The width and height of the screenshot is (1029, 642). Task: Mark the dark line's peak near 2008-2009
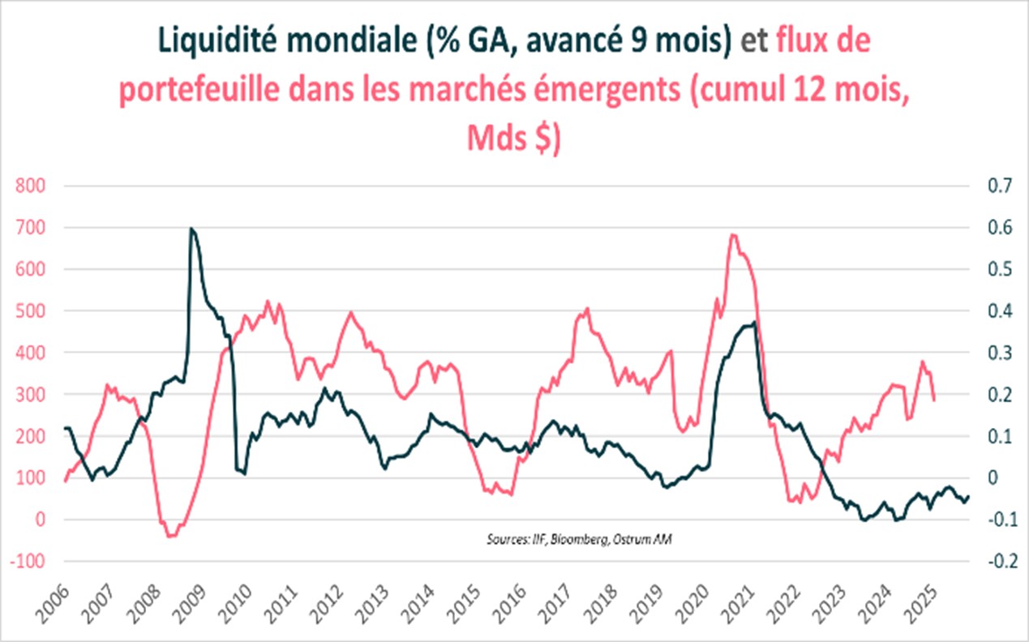191,229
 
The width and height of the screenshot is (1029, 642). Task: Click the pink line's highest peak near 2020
732,235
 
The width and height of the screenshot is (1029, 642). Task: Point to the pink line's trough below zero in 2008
169,536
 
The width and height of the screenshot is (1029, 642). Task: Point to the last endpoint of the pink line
934,400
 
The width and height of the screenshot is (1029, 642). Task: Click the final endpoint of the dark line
969,497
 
